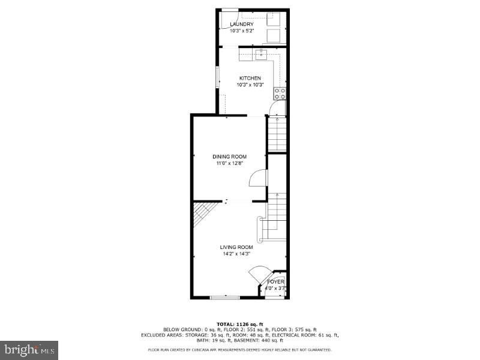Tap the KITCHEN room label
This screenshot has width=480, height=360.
250,78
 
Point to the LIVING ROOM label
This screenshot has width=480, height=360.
236,247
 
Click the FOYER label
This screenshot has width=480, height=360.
275,281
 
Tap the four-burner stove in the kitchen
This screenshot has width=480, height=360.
280,93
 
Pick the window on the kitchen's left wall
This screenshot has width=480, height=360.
218,78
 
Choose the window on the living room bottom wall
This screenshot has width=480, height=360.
224,296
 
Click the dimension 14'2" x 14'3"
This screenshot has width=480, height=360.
236,254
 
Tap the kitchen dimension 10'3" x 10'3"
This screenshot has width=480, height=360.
250,85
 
